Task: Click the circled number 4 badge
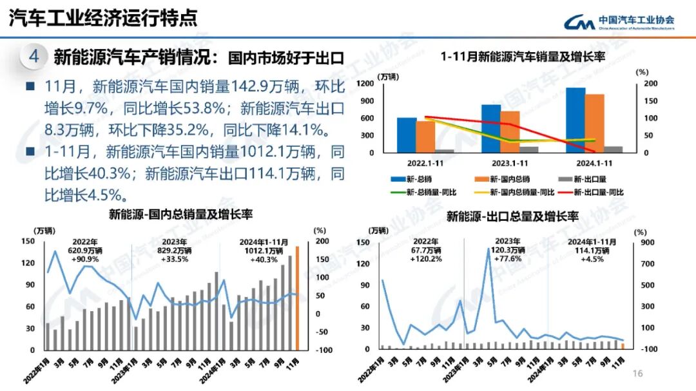point(34,57)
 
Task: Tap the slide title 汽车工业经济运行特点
point(103,18)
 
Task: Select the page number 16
point(639,374)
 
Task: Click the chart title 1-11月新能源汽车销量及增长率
point(523,57)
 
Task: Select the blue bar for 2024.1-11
point(575,120)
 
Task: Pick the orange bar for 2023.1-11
point(510,131)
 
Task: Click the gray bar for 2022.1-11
point(444,150)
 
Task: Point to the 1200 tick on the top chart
point(365,84)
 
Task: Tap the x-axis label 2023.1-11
point(500,164)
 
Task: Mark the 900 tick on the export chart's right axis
point(646,242)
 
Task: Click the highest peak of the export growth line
point(488,249)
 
